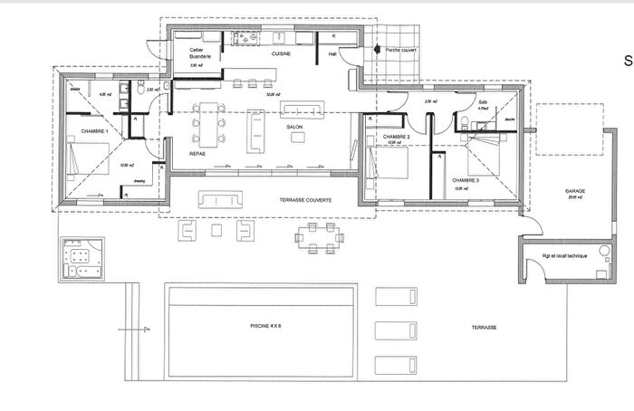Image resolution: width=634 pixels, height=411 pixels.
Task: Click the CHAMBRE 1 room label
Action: point(94,131)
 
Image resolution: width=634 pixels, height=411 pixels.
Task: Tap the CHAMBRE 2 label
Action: point(397,137)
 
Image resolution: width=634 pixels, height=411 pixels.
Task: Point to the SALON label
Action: point(294,128)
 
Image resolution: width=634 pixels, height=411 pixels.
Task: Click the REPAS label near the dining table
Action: point(197,154)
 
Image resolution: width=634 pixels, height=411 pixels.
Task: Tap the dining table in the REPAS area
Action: point(208,125)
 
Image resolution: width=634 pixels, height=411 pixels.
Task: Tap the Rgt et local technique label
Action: point(564,256)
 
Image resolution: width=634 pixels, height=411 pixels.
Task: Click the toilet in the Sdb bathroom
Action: point(464,123)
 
